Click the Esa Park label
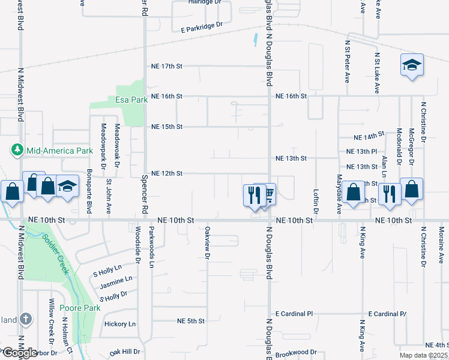(127, 100)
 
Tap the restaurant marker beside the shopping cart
(254, 196)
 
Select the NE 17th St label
(167, 66)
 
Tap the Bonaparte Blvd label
(88, 196)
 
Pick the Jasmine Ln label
(116, 280)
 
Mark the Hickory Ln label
(120, 324)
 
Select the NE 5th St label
(191, 321)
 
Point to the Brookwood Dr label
(296, 352)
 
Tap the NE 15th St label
(167, 127)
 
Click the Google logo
(19, 353)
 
